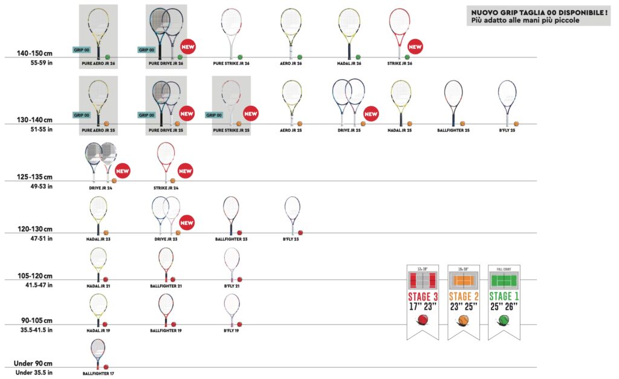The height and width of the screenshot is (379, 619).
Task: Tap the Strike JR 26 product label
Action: click(x=400, y=63)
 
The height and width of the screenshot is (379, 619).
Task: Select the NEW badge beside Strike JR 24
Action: click(x=185, y=172)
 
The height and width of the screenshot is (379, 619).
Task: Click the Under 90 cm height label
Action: click(x=33, y=363)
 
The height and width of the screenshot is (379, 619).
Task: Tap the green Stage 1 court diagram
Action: click(x=504, y=280)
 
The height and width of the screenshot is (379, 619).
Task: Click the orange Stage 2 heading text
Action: click(x=463, y=296)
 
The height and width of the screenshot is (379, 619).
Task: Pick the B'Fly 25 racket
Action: click(x=507, y=102)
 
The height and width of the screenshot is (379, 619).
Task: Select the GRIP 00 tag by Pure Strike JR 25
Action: click(x=216, y=115)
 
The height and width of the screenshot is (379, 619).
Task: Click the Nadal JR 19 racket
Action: click(x=98, y=309)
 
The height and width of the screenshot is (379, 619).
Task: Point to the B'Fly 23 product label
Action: click(x=291, y=239)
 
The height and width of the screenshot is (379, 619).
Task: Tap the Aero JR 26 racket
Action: click(x=291, y=31)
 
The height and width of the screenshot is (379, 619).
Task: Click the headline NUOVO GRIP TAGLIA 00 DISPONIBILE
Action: click(x=539, y=11)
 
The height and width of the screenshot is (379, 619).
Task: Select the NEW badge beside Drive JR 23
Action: click(x=187, y=223)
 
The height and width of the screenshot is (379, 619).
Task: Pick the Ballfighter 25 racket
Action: click(x=453, y=102)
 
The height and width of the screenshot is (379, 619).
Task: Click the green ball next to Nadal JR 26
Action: click(x=358, y=57)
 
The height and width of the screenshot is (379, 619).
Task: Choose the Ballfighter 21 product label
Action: click(x=165, y=285)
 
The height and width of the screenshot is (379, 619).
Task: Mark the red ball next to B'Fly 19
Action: click(x=240, y=324)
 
